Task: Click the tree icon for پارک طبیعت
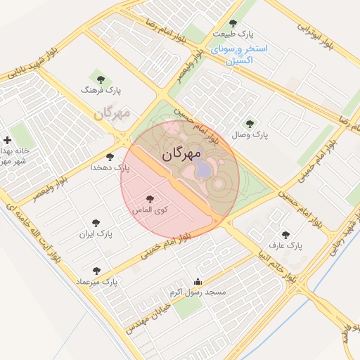[233, 23]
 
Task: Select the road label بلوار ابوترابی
[313, 33]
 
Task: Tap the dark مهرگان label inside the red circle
[181, 153]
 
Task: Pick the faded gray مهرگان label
[112, 112]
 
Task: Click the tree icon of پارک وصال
[250, 123]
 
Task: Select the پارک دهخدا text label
[110, 168]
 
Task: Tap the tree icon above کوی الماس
[150, 199]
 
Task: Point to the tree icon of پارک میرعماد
[96, 271]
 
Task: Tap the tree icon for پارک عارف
[285, 236]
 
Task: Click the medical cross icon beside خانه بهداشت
[7, 141]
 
